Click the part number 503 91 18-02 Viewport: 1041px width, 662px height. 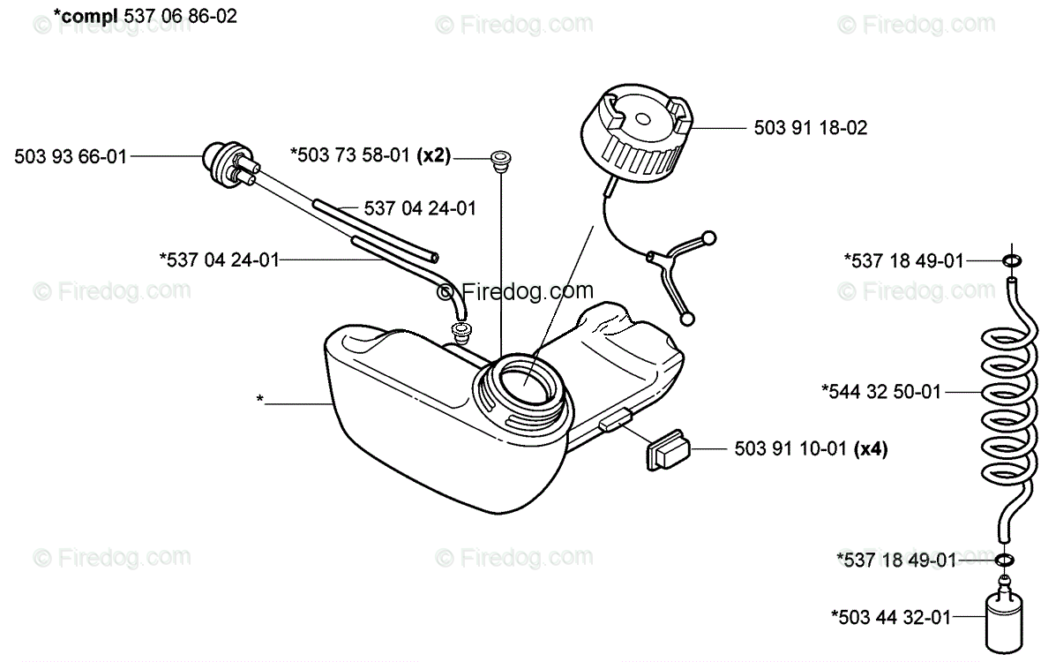coord(810,128)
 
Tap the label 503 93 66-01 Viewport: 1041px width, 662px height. coord(71,156)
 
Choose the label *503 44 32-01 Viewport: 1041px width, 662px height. coord(891,617)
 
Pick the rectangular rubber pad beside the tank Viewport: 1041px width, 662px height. coord(670,451)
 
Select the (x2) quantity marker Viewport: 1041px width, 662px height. coord(433,156)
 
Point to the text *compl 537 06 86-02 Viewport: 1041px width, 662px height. coord(145,16)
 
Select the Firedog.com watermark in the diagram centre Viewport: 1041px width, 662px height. coord(516,290)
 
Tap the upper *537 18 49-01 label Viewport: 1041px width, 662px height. coord(903,260)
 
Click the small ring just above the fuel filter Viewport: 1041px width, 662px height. coord(1004,561)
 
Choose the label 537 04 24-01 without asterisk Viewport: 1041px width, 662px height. coord(420,209)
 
